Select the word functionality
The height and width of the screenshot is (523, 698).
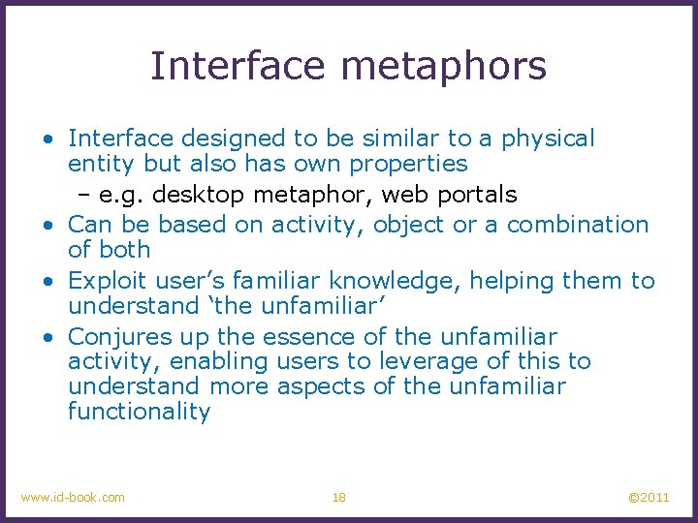coord(139,412)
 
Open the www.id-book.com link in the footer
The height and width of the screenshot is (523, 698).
coord(73,498)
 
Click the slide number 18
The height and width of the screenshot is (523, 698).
coord(339,498)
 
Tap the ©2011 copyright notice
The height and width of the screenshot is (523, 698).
coord(648,498)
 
